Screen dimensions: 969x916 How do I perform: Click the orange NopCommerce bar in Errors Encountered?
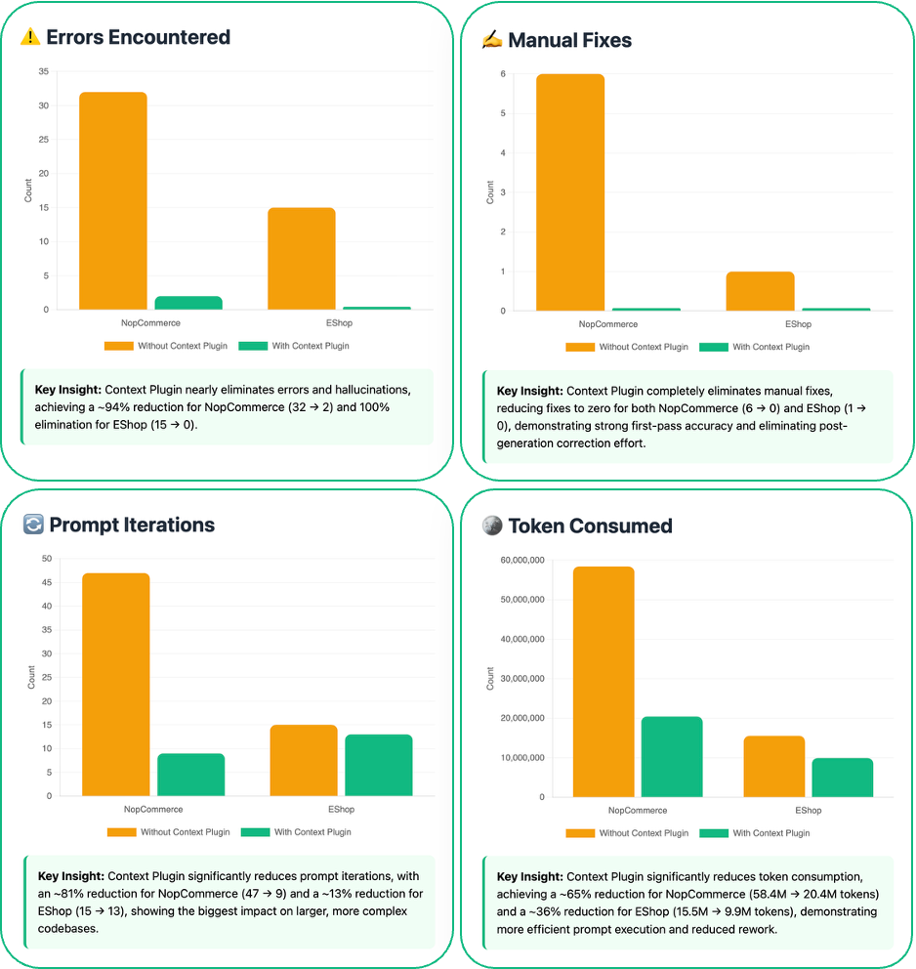(x=113, y=200)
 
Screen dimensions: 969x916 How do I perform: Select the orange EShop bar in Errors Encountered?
(x=302, y=258)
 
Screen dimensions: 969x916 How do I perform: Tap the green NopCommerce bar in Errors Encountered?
(x=188, y=303)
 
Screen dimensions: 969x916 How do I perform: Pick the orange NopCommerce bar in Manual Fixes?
(x=571, y=191)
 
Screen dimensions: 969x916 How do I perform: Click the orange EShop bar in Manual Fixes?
(x=761, y=291)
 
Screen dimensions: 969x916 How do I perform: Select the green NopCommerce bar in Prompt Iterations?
(x=190, y=774)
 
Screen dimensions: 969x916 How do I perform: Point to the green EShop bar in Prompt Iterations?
(x=379, y=765)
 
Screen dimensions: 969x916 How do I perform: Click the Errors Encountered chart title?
(x=139, y=38)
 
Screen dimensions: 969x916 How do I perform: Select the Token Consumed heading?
(x=590, y=526)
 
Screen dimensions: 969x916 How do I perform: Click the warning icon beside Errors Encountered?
(x=31, y=38)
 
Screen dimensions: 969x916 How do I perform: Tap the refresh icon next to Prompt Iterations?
(x=33, y=525)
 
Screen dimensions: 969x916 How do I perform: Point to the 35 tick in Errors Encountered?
(x=42, y=71)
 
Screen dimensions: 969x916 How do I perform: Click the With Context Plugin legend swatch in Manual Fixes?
(x=714, y=347)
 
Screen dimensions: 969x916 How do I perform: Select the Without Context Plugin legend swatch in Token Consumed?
(x=580, y=833)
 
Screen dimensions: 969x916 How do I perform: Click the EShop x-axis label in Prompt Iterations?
(x=341, y=809)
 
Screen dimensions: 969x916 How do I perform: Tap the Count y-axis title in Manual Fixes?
(x=490, y=192)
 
